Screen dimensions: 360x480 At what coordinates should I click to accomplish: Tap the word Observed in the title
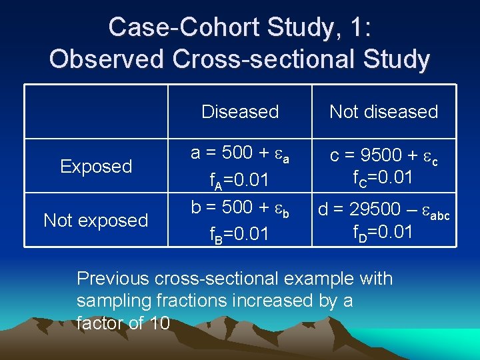click(107, 59)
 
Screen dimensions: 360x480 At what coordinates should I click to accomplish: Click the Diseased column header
click(240, 111)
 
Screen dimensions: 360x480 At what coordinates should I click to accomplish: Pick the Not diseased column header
click(384, 111)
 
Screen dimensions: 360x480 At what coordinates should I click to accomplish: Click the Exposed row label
click(96, 166)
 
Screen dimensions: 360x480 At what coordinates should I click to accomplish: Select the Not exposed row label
click(96, 220)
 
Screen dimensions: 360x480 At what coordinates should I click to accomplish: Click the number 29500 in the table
click(372, 211)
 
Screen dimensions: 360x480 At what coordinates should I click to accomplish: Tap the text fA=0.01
click(239, 181)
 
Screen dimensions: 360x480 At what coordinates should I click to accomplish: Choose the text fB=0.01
click(239, 235)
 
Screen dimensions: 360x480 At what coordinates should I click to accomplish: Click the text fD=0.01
click(384, 233)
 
